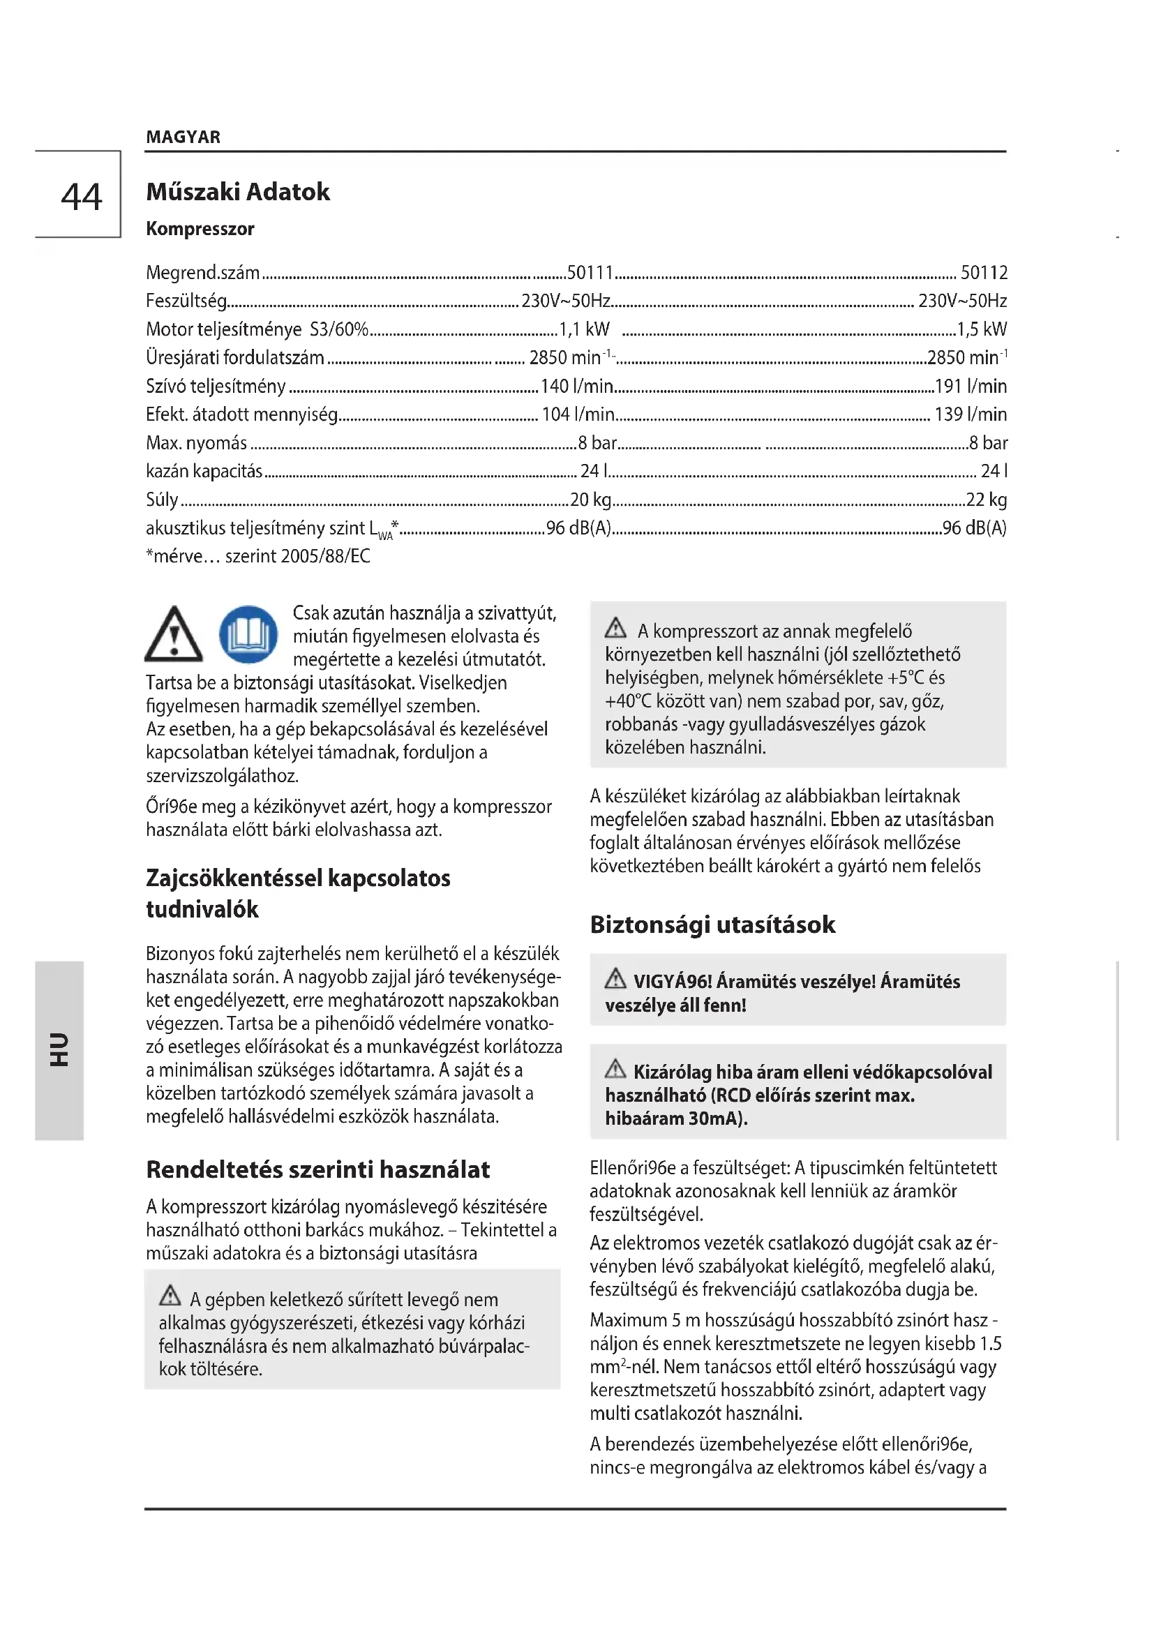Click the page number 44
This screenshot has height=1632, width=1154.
[x=82, y=197]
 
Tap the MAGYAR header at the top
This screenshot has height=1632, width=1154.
[x=183, y=137]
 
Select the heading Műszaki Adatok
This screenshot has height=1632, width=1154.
[x=238, y=192]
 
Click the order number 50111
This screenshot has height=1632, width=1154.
[x=590, y=272]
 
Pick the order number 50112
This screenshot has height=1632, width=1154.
[x=984, y=272]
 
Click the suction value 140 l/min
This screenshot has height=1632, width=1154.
[x=577, y=386]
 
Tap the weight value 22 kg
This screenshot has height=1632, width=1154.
[x=987, y=500]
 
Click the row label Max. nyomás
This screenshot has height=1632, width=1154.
[x=197, y=443]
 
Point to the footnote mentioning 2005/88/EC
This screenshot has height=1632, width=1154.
[x=258, y=556]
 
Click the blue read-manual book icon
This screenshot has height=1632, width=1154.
[x=248, y=634]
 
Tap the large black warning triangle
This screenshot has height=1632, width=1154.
[x=174, y=634]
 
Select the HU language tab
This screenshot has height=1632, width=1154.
[x=59, y=1050]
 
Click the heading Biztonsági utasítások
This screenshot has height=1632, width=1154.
[x=713, y=924]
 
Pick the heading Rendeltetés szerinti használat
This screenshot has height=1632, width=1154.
[x=317, y=1169]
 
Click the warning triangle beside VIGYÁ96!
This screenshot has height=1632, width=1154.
[x=615, y=980]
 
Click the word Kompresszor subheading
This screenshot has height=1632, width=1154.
[x=200, y=229]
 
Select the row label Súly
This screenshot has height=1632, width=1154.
[x=162, y=500]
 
